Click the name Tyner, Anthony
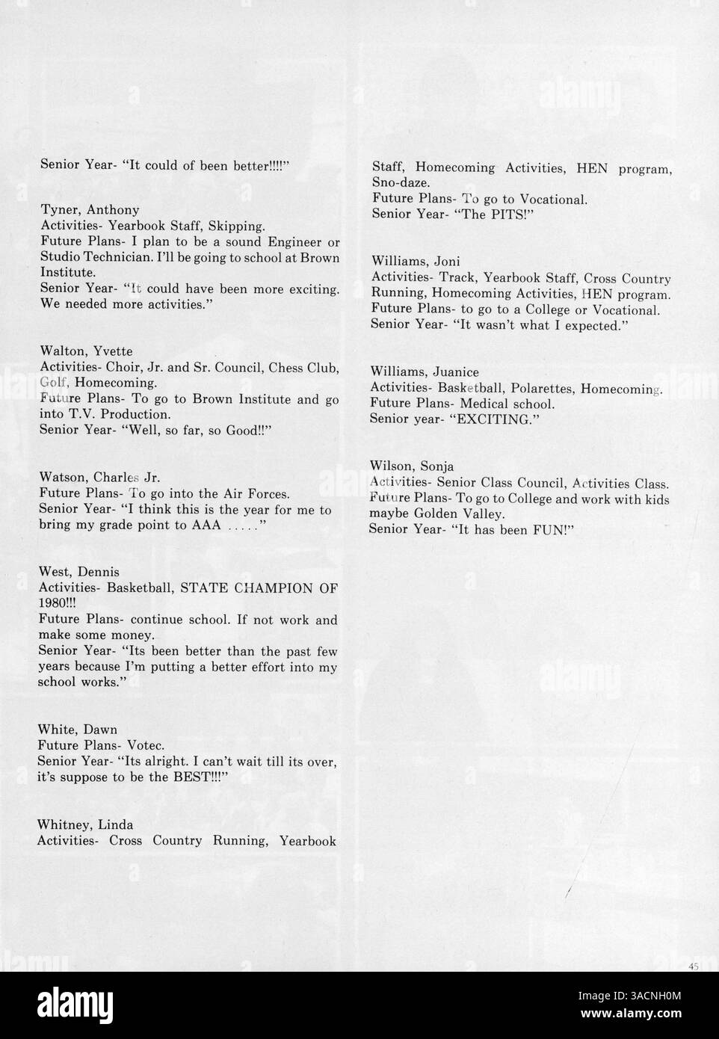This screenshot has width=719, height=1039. (90, 210)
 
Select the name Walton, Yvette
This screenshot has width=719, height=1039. (87, 351)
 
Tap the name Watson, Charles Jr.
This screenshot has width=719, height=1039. (99, 478)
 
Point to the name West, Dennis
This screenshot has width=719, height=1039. (78, 573)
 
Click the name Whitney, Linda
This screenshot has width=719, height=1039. (85, 824)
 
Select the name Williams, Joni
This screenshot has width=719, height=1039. (416, 262)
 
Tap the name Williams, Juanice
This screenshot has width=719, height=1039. (425, 372)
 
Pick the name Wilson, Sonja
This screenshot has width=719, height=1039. (412, 467)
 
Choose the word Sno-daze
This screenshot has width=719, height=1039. (401, 183)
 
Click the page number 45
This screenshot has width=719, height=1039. (693, 967)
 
